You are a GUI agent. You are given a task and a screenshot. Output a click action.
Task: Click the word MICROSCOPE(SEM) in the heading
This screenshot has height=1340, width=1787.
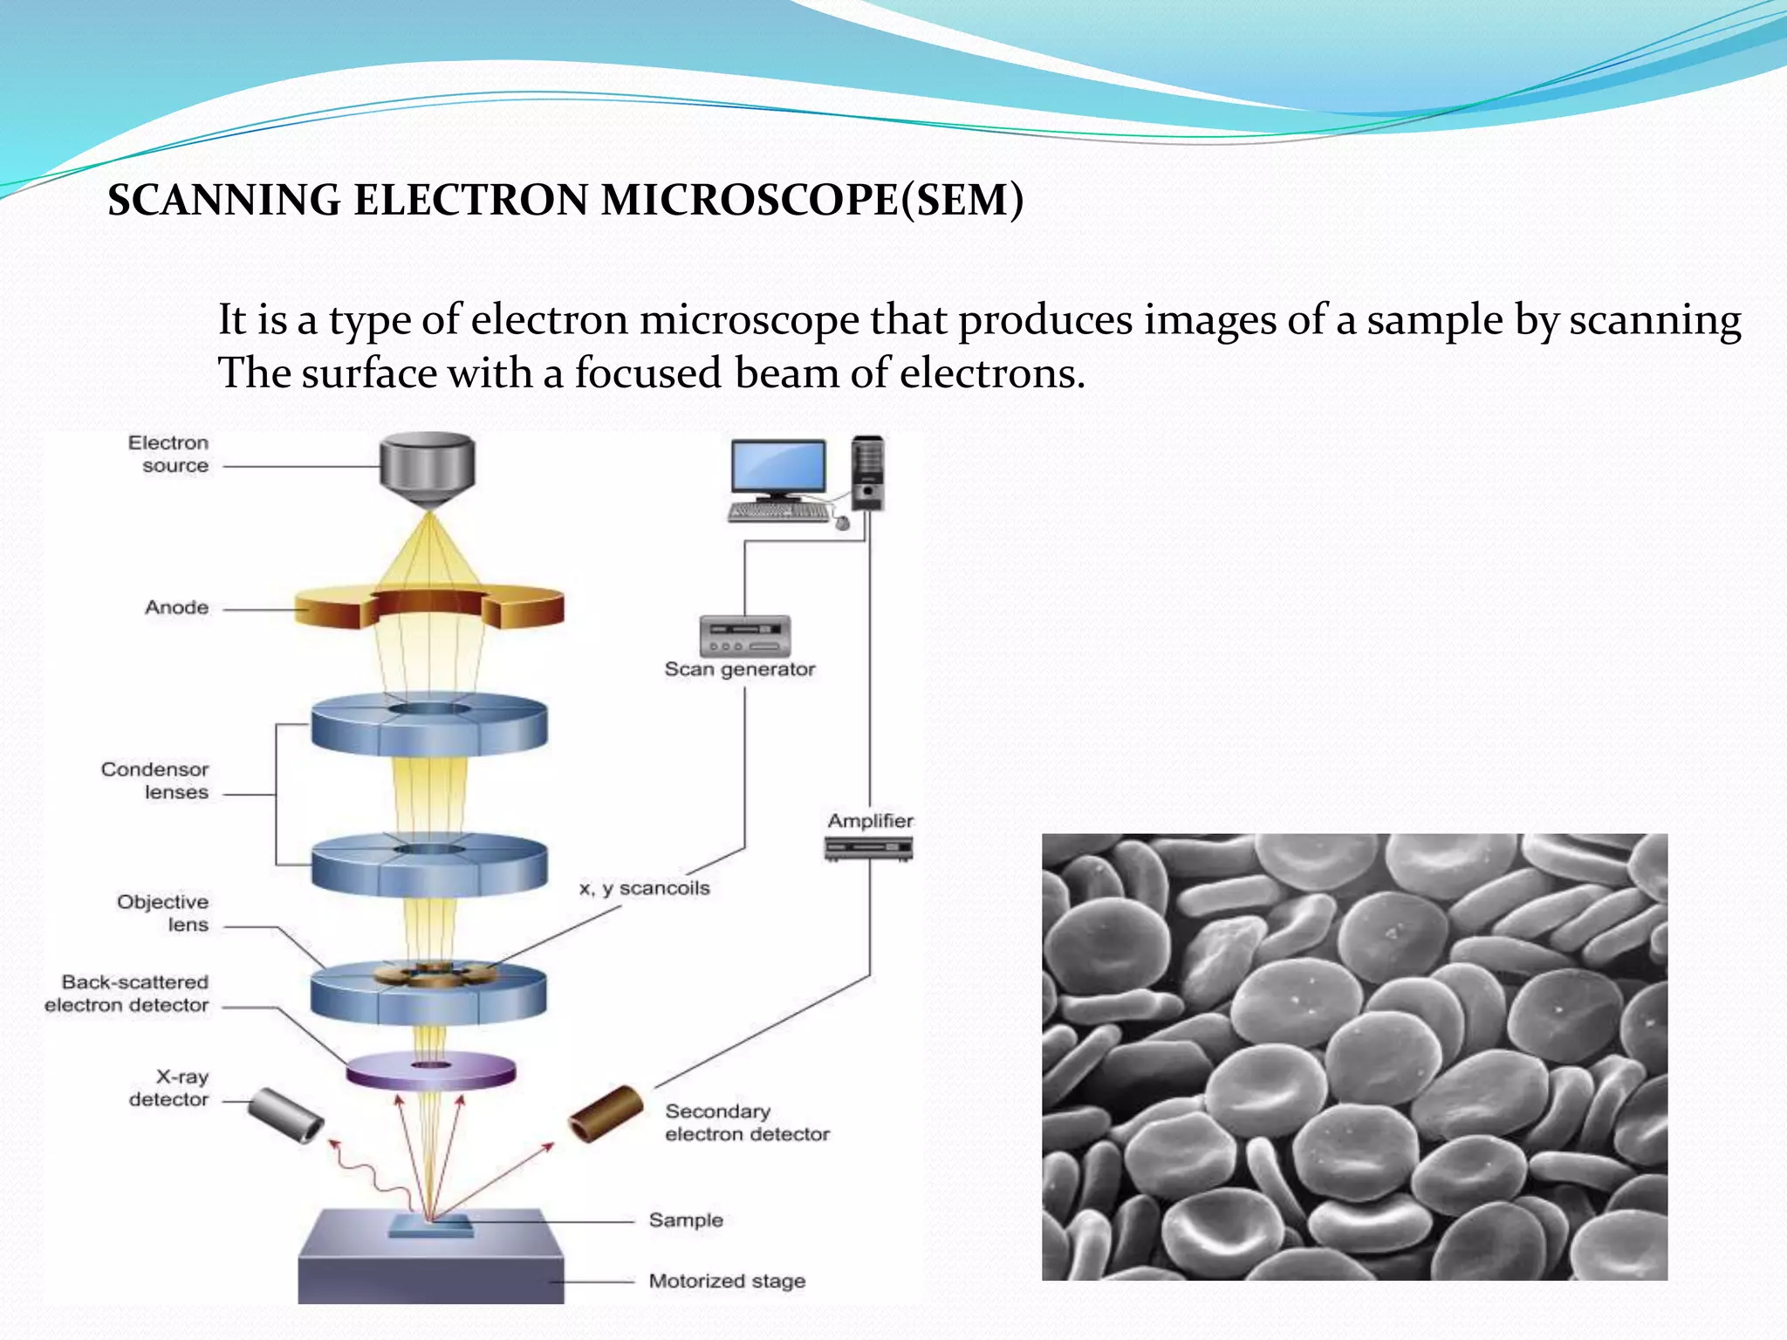[x=811, y=200]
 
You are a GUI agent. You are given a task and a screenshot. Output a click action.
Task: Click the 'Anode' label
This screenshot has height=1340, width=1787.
[x=176, y=607]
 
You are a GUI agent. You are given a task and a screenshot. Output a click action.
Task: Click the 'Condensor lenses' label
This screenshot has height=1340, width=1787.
[x=155, y=781]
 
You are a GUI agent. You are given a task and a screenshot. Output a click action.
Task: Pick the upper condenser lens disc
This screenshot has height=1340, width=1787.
[x=429, y=726]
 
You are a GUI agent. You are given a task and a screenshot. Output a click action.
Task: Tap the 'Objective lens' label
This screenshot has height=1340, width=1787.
[x=164, y=913]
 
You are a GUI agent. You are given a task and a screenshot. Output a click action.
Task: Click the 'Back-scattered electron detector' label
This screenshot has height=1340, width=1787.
[x=127, y=994]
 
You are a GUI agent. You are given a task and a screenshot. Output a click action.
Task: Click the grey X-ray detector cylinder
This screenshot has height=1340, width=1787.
[x=285, y=1117]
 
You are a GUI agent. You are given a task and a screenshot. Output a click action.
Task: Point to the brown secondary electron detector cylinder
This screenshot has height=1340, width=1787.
[x=606, y=1114]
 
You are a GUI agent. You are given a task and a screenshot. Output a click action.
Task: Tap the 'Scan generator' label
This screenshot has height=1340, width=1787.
[x=739, y=669]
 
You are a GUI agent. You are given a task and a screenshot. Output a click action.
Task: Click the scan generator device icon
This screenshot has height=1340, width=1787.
[x=744, y=636]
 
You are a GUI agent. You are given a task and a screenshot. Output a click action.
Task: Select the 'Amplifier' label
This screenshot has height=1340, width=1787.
[x=870, y=821]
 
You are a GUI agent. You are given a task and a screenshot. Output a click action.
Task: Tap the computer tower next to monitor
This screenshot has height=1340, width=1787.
[x=867, y=473]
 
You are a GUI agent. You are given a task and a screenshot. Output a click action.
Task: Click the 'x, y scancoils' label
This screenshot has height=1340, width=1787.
[x=645, y=888]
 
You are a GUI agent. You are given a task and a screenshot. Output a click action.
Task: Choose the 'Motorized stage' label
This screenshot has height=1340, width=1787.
[x=726, y=1281]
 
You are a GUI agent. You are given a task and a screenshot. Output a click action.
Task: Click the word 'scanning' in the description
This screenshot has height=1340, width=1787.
[x=1654, y=319]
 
